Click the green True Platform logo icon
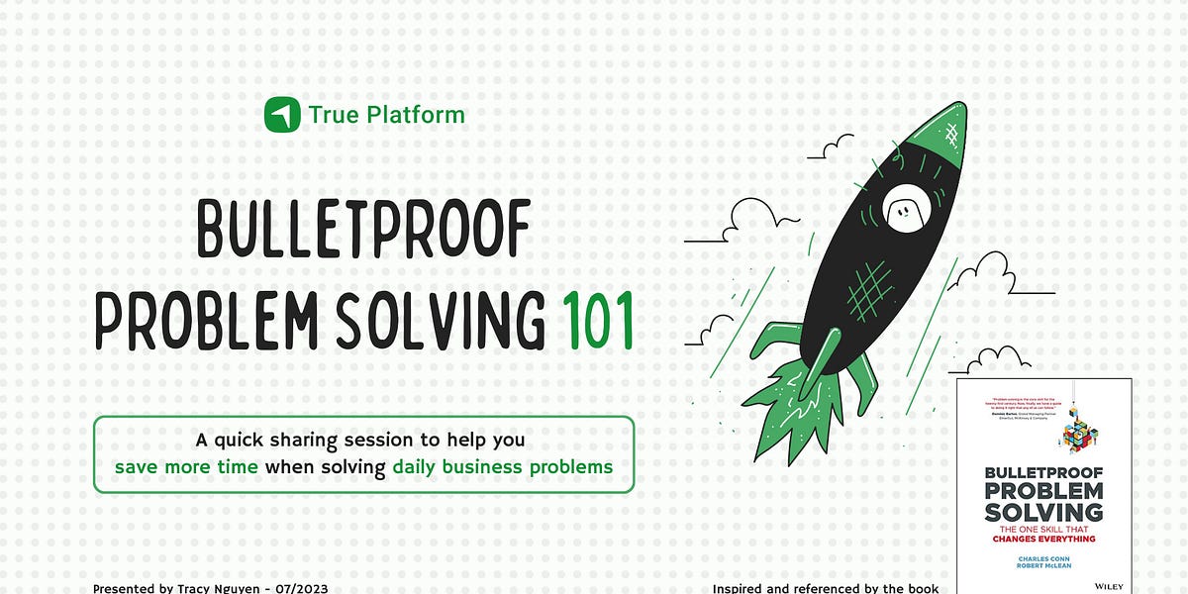tap(282, 115)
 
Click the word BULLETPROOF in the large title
tap(364, 231)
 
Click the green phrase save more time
tap(186, 466)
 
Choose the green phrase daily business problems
tap(502, 466)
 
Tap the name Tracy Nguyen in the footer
tap(214, 588)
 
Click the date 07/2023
tap(299, 588)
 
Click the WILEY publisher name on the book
tap(1109, 586)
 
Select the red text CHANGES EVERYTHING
tap(1044, 538)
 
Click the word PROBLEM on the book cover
tap(1044, 491)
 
